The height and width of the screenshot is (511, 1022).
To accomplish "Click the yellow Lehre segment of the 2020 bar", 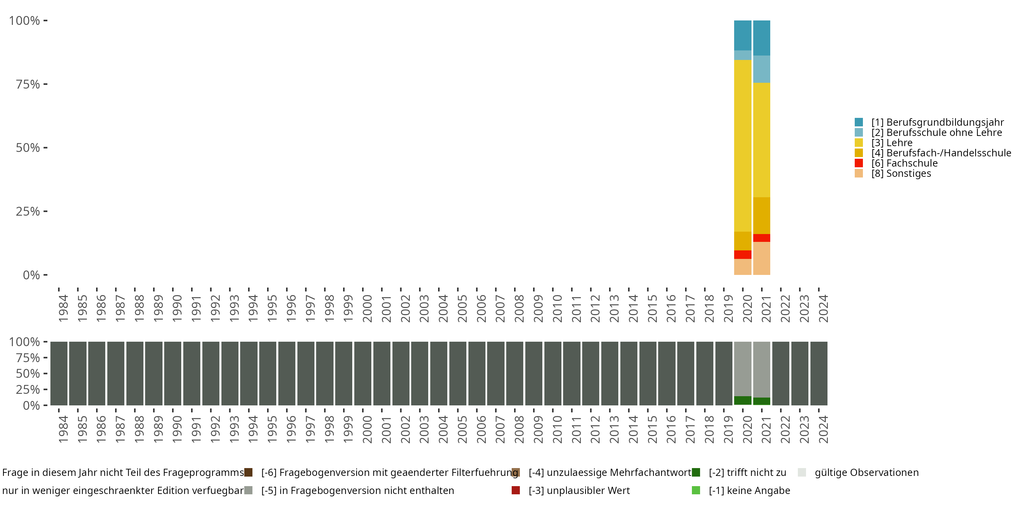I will [x=742, y=145].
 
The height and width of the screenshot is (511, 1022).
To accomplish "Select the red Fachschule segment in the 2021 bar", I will [x=761, y=238].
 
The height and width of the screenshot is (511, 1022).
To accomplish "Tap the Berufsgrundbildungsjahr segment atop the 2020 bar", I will [x=742, y=35].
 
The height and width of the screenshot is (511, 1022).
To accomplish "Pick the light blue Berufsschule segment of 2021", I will [x=761, y=69].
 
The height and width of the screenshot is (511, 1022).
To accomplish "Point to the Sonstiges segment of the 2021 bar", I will [x=761, y=258].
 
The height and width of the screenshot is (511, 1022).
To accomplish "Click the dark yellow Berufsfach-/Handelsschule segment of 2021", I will [x=761, y=215].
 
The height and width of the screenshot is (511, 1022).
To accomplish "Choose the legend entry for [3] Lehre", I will [x=892, y=143].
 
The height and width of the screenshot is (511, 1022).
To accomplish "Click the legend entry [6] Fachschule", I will [x=904, y=163].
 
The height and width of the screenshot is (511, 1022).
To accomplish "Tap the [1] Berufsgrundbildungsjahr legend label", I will [x=937, y=122].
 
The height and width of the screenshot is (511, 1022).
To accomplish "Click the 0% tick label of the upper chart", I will [x=31, y=275].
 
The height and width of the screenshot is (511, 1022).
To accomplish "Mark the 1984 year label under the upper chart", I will [x=63, y=308].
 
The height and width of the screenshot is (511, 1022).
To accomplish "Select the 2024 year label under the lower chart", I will [x=823, y=429].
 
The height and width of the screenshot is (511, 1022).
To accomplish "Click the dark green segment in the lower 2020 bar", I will [x=742, y=400].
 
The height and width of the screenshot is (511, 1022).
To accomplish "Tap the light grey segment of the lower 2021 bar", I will [x=761, y=369].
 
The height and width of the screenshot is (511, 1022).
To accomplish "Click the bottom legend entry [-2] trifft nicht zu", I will [x=747, y=473].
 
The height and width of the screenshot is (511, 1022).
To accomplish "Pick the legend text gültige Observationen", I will [x=866, y=473].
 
